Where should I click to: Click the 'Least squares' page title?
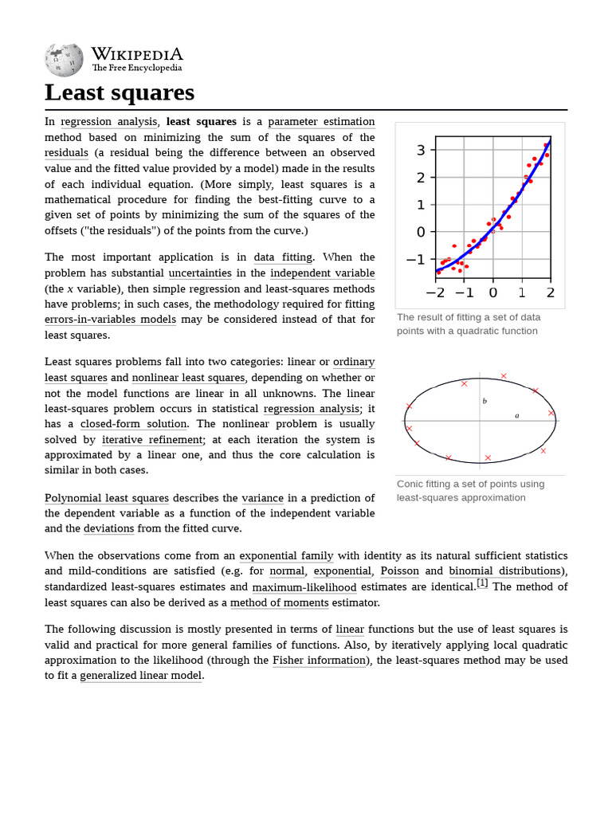(120, 92)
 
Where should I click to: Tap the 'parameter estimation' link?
(321, 122)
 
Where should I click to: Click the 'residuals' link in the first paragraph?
(66, 153)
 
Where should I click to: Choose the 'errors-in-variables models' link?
(110, 320)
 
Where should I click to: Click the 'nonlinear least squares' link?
(189, 378)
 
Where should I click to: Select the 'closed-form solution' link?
(134, 424)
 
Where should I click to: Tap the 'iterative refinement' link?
(152, 440)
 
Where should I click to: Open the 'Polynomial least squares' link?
(107, 498)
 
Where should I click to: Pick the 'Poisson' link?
(399, 571)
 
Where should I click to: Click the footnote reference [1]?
(482, 584)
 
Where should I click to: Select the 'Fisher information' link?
(320, 661)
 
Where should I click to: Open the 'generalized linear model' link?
(142, 676)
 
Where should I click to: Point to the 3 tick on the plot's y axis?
(420, 150)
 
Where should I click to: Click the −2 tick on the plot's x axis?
(435, 292)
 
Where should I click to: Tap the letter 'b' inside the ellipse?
(484, 401)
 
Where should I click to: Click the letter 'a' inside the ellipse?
(516, 415)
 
